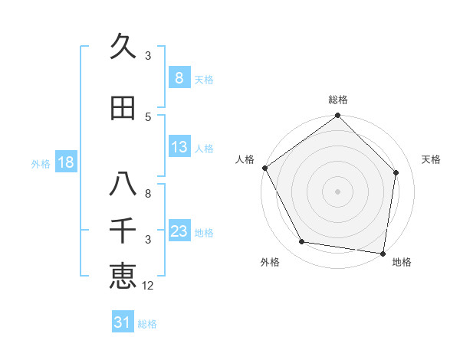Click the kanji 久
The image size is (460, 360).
123,47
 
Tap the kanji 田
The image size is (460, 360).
123,109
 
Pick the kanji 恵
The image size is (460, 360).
123,276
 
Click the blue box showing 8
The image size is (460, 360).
179,78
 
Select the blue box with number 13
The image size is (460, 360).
179,147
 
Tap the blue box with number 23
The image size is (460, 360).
179,231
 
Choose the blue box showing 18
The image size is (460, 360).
65,162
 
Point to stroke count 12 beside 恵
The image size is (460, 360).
149,286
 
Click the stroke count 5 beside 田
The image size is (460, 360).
148,116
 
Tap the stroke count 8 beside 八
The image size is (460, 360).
148,194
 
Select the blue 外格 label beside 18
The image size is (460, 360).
41,163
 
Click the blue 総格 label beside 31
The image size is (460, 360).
147,324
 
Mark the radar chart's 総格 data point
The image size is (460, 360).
337,116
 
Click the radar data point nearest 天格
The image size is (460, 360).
396,173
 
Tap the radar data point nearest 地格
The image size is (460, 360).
383,253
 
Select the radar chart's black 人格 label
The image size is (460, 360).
245,159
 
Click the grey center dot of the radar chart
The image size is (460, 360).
337,191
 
